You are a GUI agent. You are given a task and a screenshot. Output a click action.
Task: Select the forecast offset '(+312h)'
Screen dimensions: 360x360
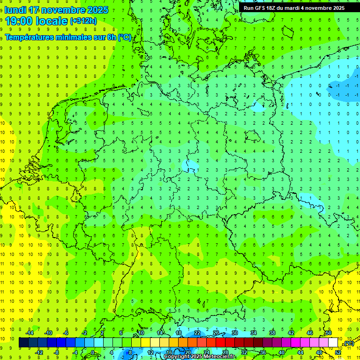tap(83, 21)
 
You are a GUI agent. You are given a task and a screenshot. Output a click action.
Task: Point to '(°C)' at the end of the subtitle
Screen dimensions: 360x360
tap(125, 37)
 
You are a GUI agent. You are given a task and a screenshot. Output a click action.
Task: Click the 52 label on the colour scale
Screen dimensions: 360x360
tap(338, 352)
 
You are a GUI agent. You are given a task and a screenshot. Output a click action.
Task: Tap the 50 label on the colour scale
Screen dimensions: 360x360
tap(329, 333)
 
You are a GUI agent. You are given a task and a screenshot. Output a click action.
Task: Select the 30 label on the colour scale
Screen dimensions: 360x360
tap(235, 333)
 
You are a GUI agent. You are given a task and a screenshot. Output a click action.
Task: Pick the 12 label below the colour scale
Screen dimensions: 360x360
tap(150, 352)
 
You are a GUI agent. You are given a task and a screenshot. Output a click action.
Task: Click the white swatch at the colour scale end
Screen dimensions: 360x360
tap(333, 343)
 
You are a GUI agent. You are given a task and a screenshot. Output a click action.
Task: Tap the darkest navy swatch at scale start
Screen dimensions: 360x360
tap(23, 343)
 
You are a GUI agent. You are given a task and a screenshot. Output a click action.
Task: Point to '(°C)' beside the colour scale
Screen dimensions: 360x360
tap(348, 344)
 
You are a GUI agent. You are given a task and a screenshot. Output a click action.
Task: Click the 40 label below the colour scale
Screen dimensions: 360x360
tap(282, 352)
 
